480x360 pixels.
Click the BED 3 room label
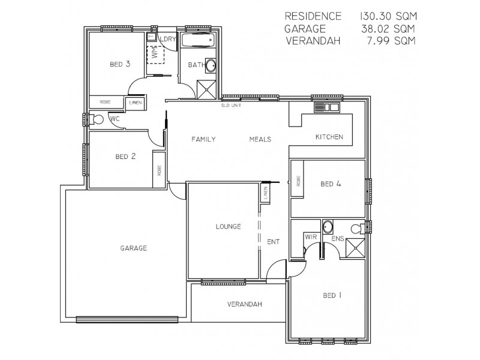coord(120,64)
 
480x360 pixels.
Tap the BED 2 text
coord(125,157)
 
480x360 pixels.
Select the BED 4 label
coord(331,184)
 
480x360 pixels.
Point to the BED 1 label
coord(332,295)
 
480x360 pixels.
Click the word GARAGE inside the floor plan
coord(133,248)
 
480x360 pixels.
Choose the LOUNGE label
coord(228,227)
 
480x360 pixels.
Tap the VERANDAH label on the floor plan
coord(245,304)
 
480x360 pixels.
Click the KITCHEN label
coord(329,137)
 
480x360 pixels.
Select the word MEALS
coord(260,139)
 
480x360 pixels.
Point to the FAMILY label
coord(203,139)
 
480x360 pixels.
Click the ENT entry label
coord(274,241)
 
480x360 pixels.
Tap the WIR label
coord(311,238)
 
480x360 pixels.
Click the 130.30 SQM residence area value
coord(389,16)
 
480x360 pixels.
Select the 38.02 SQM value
coord(389,28)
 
